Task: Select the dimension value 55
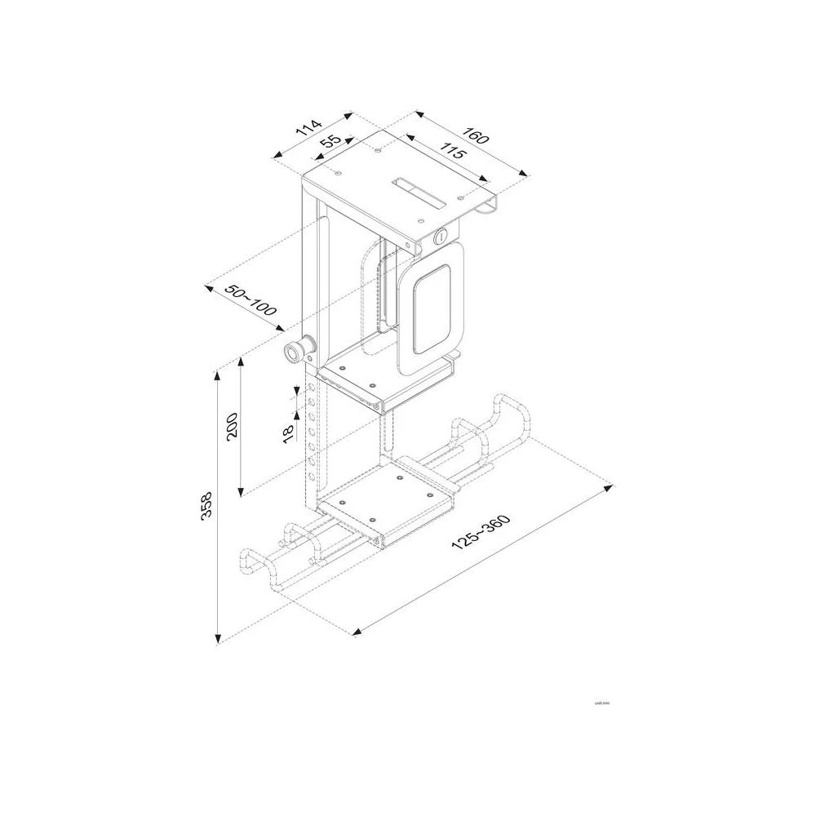pyautogui.click(x=330, y=144)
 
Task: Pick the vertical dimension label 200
pyautogui.click(x=231, y=426)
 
